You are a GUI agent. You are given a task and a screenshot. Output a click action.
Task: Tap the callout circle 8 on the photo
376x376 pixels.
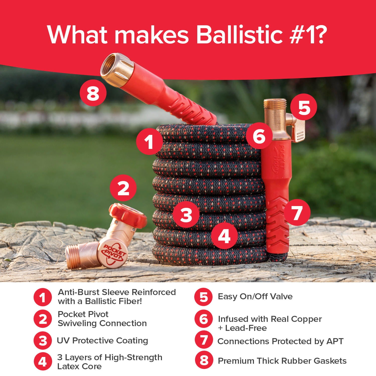coord(93,93)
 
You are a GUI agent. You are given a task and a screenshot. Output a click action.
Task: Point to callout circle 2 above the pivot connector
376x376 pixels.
coord(123,188)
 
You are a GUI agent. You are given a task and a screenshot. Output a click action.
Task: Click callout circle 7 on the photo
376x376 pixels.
coord(297,212)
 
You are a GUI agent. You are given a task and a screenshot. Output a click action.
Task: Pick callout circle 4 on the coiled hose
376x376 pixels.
coord(224,235)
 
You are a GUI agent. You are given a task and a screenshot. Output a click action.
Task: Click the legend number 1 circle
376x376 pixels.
coord(43,297)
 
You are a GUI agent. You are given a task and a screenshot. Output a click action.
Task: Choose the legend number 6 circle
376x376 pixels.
coord(204,319)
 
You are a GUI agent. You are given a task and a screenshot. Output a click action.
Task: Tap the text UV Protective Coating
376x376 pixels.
coord(102,340)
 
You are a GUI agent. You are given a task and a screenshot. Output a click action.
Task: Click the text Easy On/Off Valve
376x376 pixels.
coord(255,297)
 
